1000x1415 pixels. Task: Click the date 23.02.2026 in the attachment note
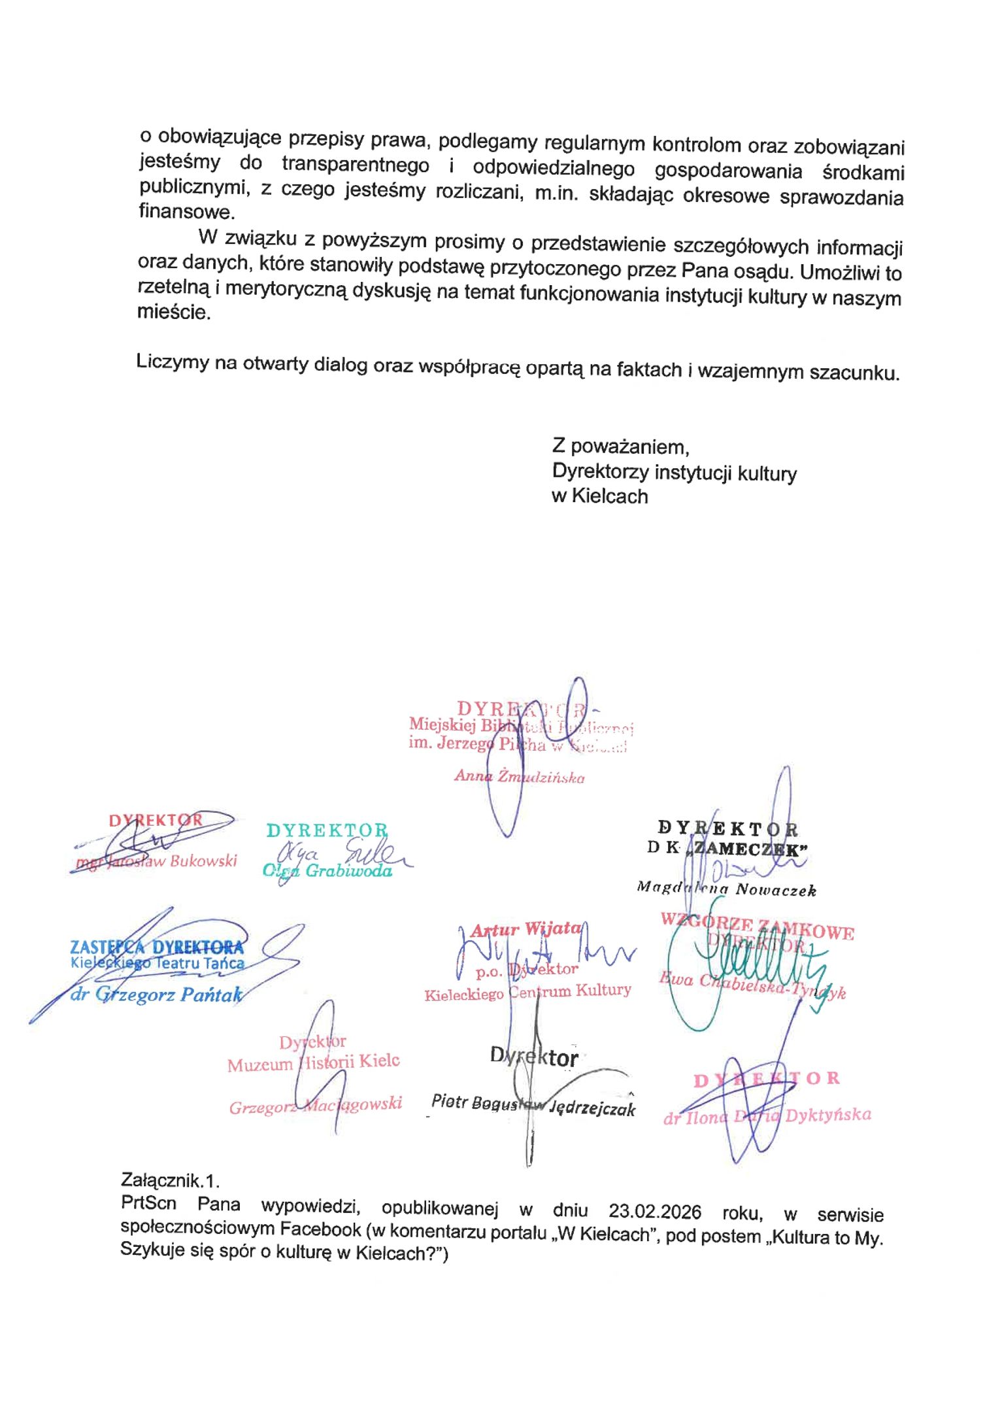pyautogui.click(x=654, y=1212)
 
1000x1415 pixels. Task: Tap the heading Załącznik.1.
pyautogui.click(x=170, y=1180)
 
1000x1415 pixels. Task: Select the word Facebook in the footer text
pyautogui.click(x=320, y=1229)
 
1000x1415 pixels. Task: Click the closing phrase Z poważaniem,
pyautogui.click(x=620, y=447)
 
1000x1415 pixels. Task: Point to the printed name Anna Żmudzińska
pyautogui.click(x=519, y=777)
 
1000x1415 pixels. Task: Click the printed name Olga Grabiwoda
pyautogui.click(x=327, y=870)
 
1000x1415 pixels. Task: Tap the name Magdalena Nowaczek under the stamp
pyautogui.click(x=726, y=889)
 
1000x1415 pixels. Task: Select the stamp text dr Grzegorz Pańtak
pyautogui.click(x=157, y=995)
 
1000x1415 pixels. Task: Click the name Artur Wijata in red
pyautogui.click(x=525, y=929)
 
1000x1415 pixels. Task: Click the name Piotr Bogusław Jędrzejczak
pyautogui.click(x=533, y=1104)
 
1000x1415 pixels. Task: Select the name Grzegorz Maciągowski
pyautogui.click(x=315, y=1105)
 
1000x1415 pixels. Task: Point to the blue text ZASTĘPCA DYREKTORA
pyautogui.click(x=157, y=947)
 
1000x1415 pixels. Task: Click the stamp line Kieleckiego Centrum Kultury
pyautogui.click(x=527, y=992)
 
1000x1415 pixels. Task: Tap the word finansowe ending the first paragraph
pyautogui.click(x=186, y=212)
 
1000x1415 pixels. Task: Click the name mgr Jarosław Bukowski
pyautogui.click(x=156, y=861)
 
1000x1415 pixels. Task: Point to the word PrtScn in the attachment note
pyautogui.click(x=148, y=1203)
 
